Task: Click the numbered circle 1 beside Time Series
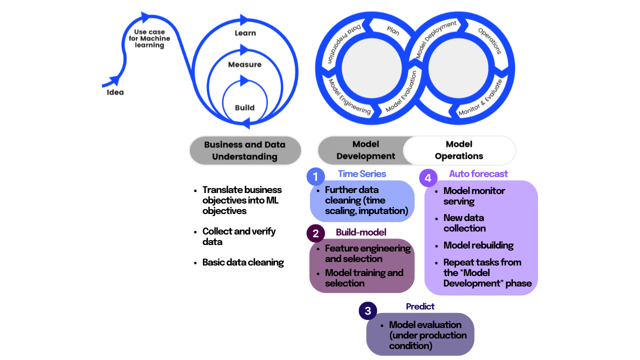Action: coord(315,176)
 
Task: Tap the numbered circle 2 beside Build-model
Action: coord(315,233)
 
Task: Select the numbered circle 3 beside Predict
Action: coord(367,310)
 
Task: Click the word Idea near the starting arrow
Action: coord(115,92)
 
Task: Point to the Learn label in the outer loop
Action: coord(245,33)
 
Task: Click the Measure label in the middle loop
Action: coord(244,64)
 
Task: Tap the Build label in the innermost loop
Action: coord(244,107)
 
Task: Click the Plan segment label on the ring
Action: coord(393,30)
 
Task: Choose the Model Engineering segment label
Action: coord(349,96)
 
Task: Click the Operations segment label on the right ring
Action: coord(489,40)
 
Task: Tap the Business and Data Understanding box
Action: coord(244,150)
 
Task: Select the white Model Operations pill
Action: coord(459,150)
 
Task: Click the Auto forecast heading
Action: coord(478,173)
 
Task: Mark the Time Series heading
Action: coord(362,173)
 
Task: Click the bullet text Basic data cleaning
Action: coord(243,262)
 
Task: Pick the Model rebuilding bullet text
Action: coord(478,245)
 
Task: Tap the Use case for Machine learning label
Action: coord(149,38)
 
